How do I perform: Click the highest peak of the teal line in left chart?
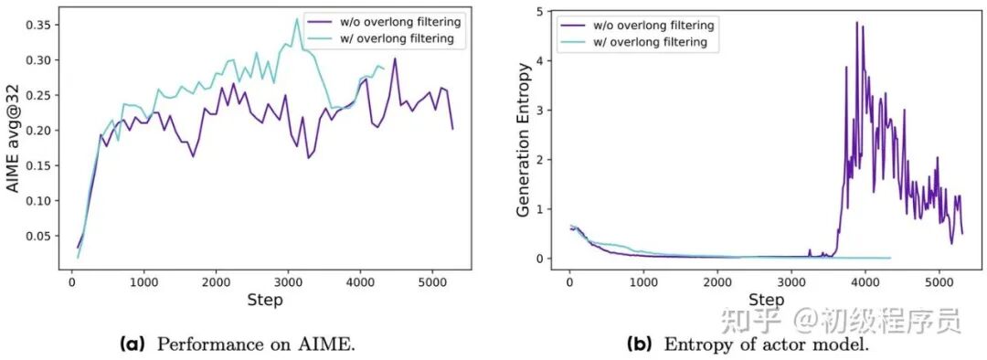click(297, 19)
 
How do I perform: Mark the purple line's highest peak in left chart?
click(395, 58)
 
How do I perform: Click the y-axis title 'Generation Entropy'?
click(524, 140)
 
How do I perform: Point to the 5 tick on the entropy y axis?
click(541, 11)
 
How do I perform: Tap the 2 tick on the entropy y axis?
click(541, 160)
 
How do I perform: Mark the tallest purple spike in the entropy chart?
click(857, 22)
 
